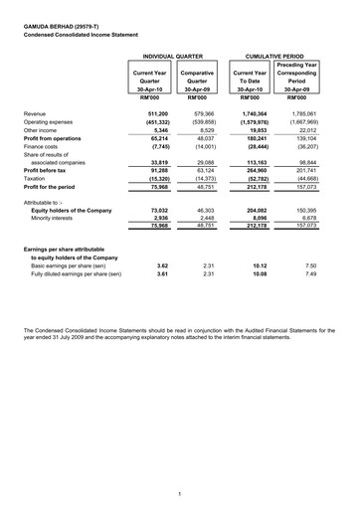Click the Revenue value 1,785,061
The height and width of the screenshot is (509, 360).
point(302,115)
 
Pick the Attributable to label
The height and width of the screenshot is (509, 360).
point(46,201)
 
